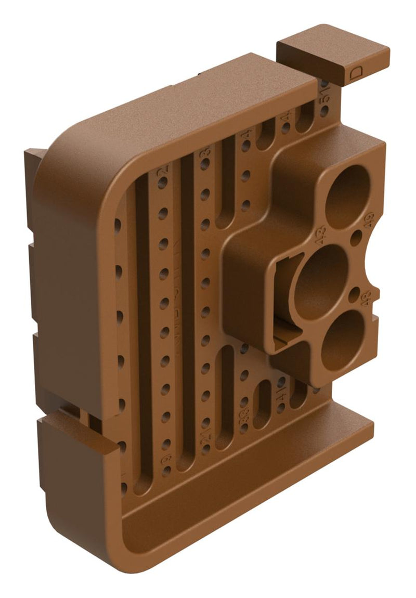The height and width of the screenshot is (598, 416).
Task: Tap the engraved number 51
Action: coord(326,94)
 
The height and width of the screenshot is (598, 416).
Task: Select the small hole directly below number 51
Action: coord(324,111)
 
